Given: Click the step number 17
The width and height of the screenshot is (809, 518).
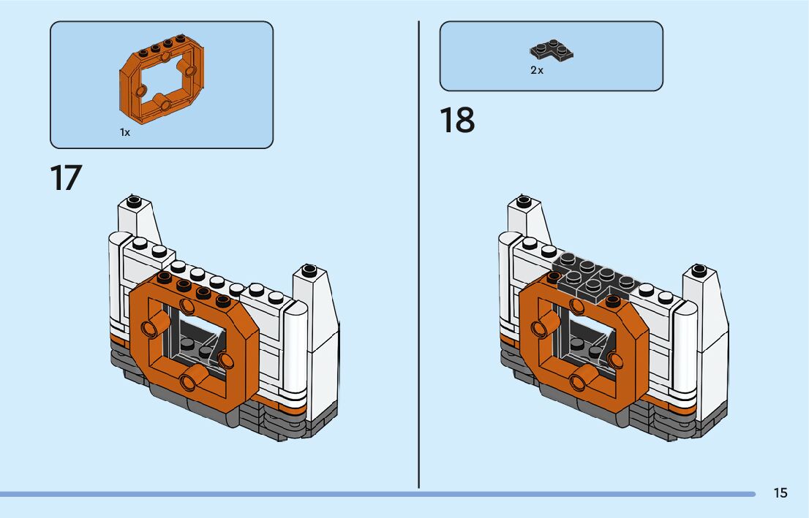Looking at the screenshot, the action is point(66,178).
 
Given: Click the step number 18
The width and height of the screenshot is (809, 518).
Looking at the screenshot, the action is point(457,121).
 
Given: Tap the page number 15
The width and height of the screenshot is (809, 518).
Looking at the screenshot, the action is point(780,493).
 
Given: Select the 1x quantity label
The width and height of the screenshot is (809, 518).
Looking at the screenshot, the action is point(125,133).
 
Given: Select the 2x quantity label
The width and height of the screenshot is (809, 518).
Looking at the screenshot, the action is point(537,71).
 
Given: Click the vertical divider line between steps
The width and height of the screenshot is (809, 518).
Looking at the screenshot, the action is point(419,256).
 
